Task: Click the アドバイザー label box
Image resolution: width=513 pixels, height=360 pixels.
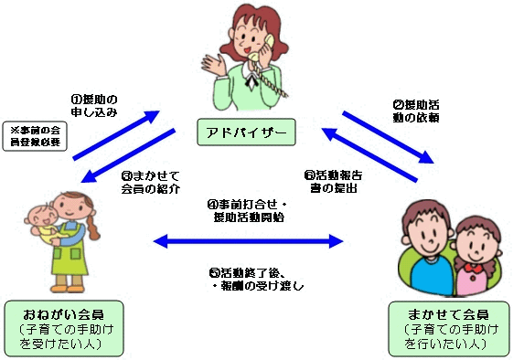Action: click(x=244, y=135)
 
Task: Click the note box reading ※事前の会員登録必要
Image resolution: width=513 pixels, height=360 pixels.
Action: click(x=34, y=136)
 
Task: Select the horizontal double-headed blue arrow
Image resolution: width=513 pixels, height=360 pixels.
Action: click(x=248, y=241)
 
